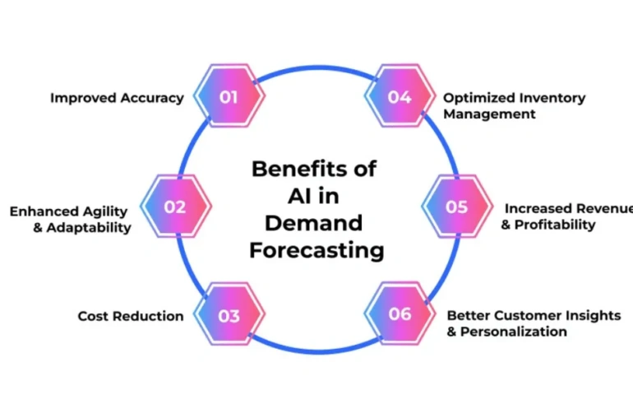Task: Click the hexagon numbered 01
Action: (229, 97)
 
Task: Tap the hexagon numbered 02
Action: (176, 207)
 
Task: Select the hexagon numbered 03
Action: (229, 316)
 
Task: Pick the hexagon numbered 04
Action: (400, 97)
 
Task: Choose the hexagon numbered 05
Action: (457, 207)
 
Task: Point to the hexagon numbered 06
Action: (400, 316)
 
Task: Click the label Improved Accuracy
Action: (117, 98)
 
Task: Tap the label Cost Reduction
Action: (131, 316)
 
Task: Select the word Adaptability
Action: (89, 227)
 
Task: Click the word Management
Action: (489, 114)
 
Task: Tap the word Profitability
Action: (555, 224)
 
